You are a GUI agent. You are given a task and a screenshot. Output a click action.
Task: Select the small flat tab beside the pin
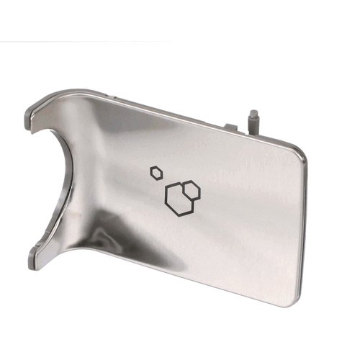(x=231, y=127)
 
